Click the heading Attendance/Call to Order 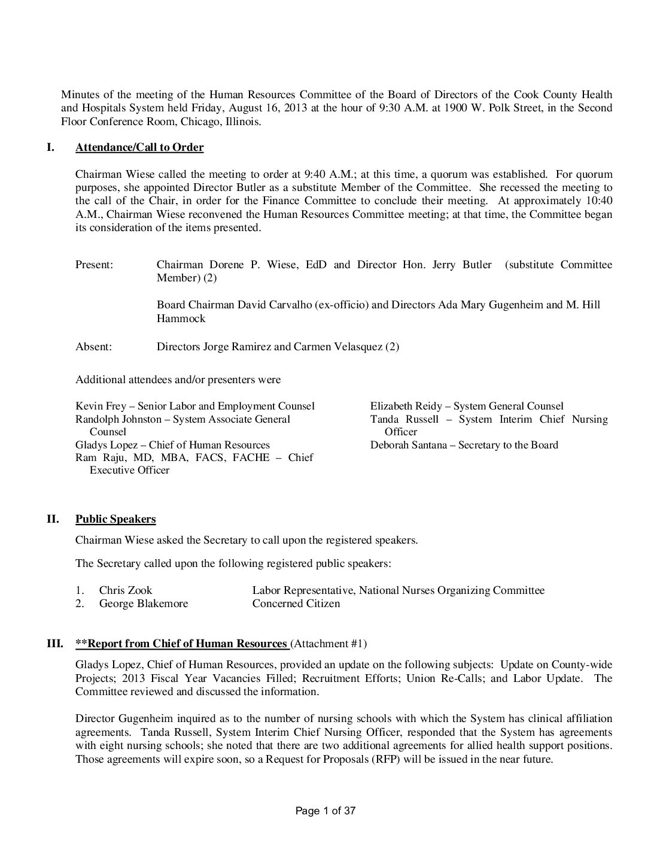139,147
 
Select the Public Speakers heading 115,518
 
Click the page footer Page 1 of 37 326,811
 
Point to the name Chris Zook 126,590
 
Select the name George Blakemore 144,604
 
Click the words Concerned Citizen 296,604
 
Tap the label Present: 94,265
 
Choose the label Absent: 93,347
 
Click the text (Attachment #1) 328,644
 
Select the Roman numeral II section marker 53,518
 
